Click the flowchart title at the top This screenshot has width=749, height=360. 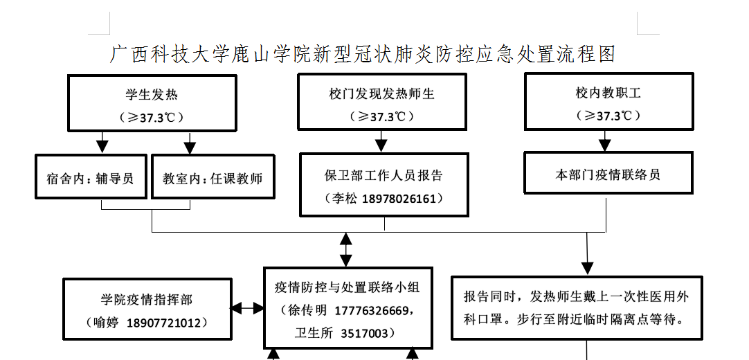coord(363,55)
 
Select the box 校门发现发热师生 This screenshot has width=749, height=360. coord(381,102)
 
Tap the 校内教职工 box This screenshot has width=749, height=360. coord(608,102)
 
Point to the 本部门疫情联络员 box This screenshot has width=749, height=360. coord(608,174)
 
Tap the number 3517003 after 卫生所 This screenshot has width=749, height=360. coord(365,334)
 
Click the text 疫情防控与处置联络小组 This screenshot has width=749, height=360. coord(348,287)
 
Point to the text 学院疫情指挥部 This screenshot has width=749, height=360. coord(147,300)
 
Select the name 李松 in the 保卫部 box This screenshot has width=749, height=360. coord(344,199)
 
